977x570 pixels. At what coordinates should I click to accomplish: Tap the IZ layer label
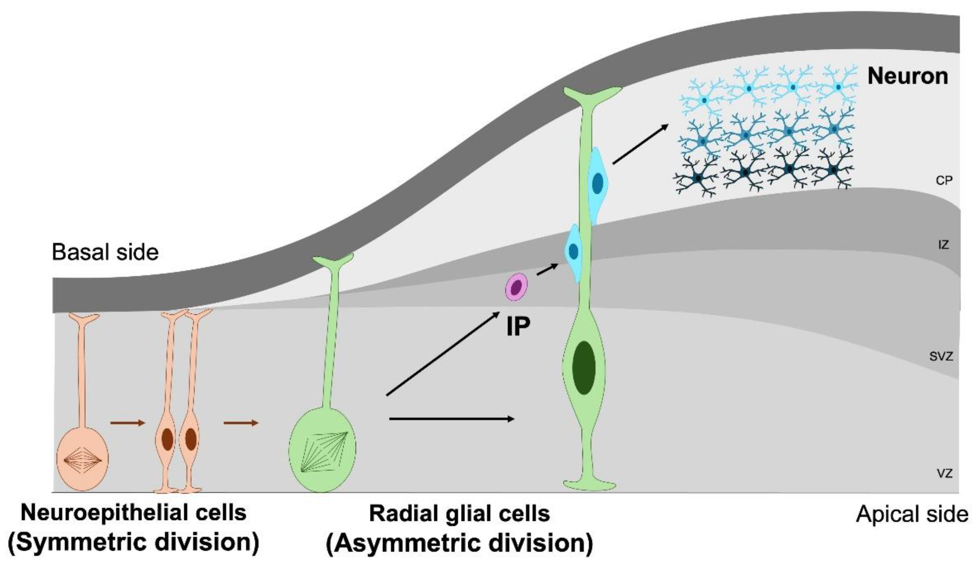point(944,245)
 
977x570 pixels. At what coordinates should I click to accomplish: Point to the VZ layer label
point(945,473)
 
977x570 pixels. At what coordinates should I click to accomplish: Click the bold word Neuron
point(907,76)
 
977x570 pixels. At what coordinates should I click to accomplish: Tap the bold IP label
point(518,327)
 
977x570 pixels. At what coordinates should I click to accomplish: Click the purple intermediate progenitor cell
point(516,287)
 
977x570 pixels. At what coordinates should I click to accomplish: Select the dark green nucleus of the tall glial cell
point(583,368)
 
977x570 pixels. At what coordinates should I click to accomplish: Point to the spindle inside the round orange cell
point(83,461)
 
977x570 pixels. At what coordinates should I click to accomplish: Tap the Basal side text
point(105,252)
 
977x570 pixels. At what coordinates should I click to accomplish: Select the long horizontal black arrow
point(452,419)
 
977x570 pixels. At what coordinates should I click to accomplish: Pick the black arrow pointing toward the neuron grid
point(641,144)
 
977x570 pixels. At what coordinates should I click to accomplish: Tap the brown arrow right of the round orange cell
point(127,423)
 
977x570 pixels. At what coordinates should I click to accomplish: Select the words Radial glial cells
point(459,514)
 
